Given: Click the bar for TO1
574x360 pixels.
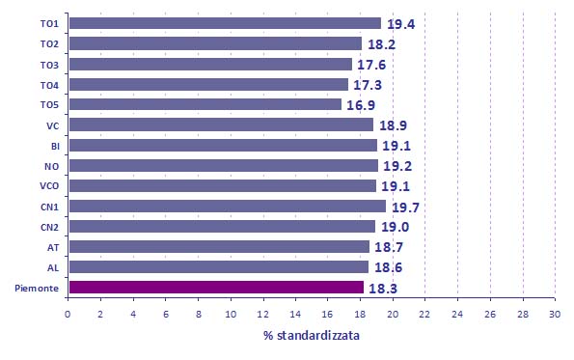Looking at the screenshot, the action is [225, 23].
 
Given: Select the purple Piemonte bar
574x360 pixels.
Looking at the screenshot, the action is [216, 288].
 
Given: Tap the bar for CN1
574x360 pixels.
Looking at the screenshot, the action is [228, 207].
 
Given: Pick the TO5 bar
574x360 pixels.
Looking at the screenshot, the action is [205, 104].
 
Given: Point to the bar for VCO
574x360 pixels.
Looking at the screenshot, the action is [223, 185].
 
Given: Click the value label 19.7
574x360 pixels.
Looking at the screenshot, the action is [405, 208].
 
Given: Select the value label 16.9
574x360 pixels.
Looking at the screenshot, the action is [361, 105].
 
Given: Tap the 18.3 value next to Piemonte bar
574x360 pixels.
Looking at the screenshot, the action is [383, 289].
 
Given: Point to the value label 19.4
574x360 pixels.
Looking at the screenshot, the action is [401, 24].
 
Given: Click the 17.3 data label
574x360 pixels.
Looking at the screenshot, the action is [368, 85].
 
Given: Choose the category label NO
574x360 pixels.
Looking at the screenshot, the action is [52, 167].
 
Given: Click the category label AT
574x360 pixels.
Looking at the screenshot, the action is [53, 248].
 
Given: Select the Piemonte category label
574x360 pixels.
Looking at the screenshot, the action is [37, 289].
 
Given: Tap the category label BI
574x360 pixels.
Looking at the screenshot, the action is [55, 147].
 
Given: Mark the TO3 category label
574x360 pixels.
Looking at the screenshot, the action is [49, 66].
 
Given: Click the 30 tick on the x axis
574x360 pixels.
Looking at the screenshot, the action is [555, 315].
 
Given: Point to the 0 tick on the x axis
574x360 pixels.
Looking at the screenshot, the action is [68, 315].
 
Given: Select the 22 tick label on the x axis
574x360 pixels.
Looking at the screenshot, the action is [424, 315].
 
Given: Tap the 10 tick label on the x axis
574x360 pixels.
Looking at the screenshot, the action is [231, 315].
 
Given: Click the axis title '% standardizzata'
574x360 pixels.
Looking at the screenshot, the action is [312, 336].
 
